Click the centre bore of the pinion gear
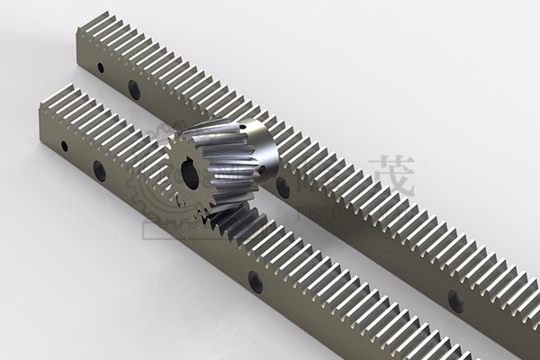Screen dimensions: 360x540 tap(190, 174)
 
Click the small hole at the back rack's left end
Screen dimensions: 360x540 tap(100, 67)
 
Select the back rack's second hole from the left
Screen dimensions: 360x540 tap(134, 89)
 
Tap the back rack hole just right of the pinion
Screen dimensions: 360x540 tap(283, 187)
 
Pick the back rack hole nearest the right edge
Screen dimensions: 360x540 tap(455, 301)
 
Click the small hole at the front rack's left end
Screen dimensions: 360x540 tap(64, 146)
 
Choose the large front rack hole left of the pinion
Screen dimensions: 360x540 tap(99, 170)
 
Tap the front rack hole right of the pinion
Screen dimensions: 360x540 tap(256, 282)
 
